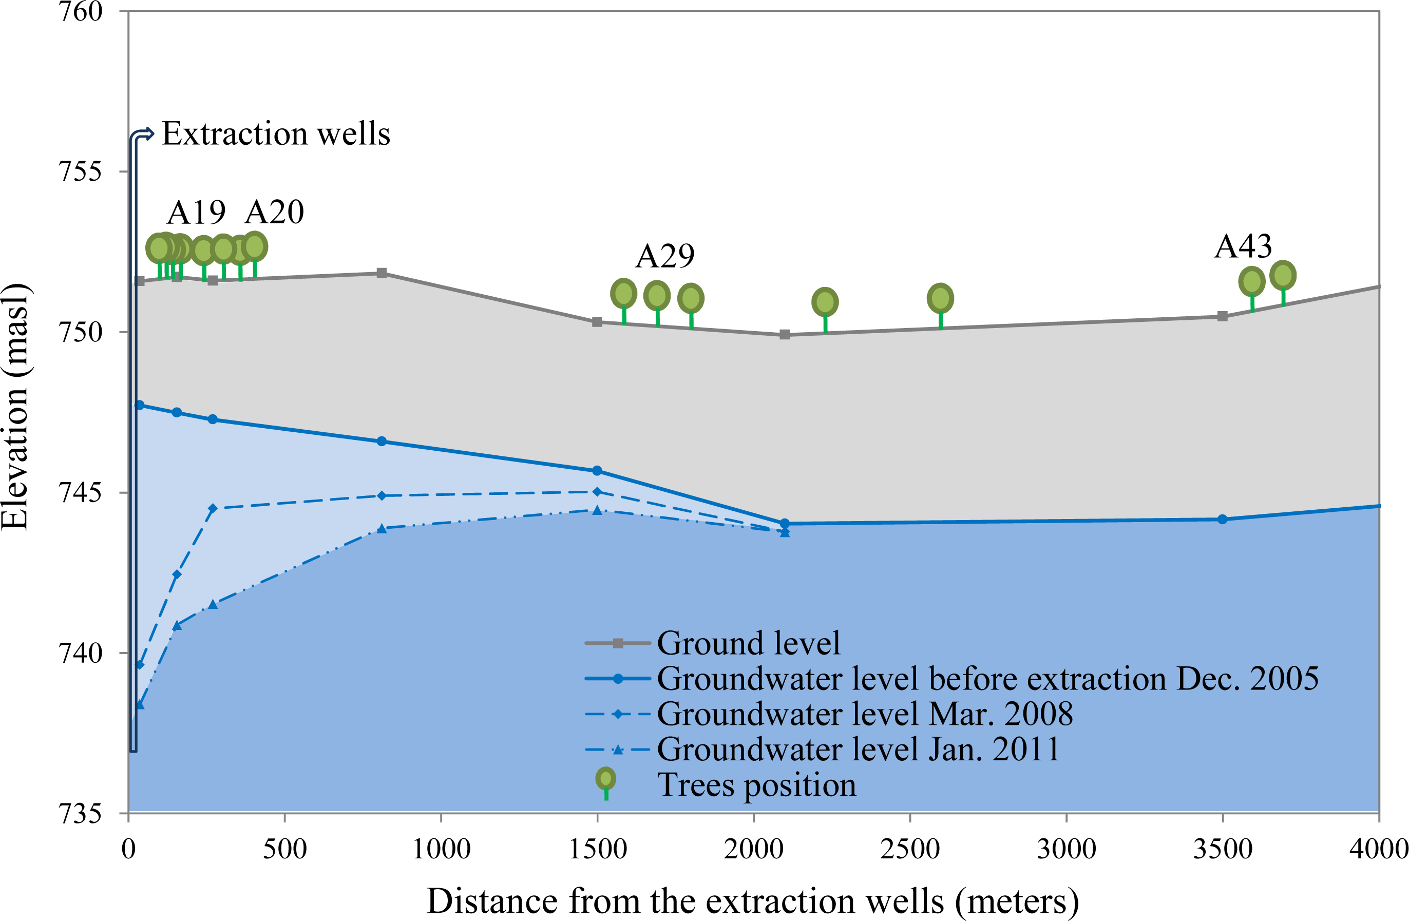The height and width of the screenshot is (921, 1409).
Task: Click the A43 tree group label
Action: (x=1243, y=247)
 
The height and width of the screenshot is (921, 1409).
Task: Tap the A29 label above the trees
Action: (x=665, y=257)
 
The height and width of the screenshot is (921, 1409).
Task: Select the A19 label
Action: (x=196, y=213)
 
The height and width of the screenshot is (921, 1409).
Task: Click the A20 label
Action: (x=274, y=213)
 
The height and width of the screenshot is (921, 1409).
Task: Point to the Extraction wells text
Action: (x=276, y=134)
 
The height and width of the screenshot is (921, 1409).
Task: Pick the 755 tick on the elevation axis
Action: (x=81, y=171)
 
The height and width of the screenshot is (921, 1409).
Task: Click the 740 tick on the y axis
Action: (x=81, y=653)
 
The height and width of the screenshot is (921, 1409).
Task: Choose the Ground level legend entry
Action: (x=748, y=643)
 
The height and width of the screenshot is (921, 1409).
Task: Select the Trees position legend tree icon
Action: (x=605, y=781)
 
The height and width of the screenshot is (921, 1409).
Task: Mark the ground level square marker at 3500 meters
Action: (x=1222, y=316)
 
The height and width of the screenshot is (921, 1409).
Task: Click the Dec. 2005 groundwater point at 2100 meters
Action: (x=785, y=523)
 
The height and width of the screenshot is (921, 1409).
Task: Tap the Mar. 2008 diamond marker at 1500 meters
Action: (x=597, y=492)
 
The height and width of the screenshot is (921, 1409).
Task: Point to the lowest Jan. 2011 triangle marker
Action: (x=140, y=704)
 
